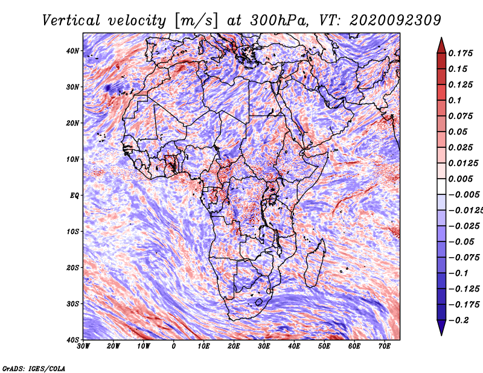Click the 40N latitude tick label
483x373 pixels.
click(x=72, y=51)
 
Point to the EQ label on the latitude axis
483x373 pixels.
click(x=74, y=196)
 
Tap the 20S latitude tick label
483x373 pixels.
click(x=72, y=267)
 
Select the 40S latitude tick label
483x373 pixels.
click(x=72, y=340)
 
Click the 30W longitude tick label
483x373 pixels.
click(x=83, y=346)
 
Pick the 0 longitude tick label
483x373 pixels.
click(x=174, y=346)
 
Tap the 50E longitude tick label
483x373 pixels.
click(x=324, y=346)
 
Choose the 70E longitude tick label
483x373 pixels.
click(x=385, y=346)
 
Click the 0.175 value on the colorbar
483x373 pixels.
click(x=461, y=53)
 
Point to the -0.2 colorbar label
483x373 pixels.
click(x=459, y=320)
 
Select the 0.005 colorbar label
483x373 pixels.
click(x=461, y=179)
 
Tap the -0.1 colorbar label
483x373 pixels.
click(x=459, y=273)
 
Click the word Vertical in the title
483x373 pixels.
click(x=71, y=21)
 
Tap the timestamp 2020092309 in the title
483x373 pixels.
click(x=395, y=21)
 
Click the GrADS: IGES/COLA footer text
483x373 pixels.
click(x=34, y=368)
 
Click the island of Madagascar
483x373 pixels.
click(x=315, y=263)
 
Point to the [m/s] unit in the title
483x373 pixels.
click(x=197, y=21)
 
